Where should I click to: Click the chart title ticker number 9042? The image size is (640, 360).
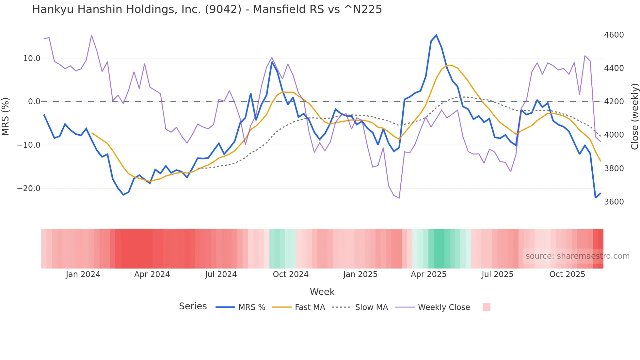click(x=223, y=9)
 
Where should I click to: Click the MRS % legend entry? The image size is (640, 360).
click(x=251, y=307)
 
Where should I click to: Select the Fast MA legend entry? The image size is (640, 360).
click(x=310, y=307)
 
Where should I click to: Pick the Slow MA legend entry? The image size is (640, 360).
click(x=371, y=307)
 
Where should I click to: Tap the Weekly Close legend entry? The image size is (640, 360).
click(x=444, y=307)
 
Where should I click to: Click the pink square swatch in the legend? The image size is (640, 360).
click(x=486, y=307)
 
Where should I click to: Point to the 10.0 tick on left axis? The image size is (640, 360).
click(x=31, y=58)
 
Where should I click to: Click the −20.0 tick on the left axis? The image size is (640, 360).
click(x=29, y=188)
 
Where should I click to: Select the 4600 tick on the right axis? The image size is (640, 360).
click(x=614, y=35)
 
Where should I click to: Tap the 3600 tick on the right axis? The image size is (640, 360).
click(x=614, y=202)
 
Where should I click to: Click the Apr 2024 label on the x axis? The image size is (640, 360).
click(x=152, y=274)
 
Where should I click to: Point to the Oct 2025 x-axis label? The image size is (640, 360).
click(x=567, y=274)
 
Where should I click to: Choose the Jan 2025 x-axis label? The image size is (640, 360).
click(x=360, y=274)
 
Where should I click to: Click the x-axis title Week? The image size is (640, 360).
click(x=322, y=292)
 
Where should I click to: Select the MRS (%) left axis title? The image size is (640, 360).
click(x=6, y=117)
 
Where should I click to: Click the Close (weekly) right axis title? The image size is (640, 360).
click(x=634, y=117)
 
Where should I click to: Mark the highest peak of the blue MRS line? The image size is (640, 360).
click(x=436, y=35)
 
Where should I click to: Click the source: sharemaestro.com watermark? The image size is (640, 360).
click(x=577, y=256)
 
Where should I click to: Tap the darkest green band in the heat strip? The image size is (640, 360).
click(x=439, y=249)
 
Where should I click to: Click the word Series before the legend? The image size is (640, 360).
click(x=193, y=306)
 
